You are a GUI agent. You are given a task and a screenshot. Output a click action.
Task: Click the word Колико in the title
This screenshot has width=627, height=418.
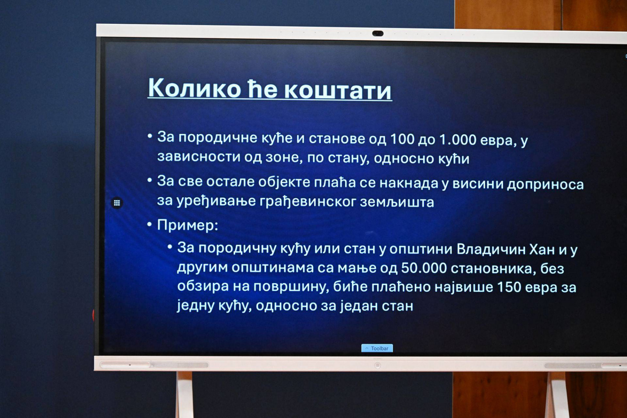tap(194, 88)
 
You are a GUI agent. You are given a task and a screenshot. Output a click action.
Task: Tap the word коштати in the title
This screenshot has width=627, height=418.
tap(338, 90)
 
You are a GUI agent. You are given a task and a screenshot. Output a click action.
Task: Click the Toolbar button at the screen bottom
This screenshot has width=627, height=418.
tap(377, 348)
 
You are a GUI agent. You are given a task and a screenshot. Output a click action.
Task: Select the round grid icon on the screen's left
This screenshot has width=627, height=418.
tap(117, 203)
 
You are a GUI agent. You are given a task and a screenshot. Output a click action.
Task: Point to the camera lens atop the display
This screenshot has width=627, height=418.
tap(378, 33)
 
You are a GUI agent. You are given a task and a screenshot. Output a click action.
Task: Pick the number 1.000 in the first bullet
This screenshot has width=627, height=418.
tap(458, 140)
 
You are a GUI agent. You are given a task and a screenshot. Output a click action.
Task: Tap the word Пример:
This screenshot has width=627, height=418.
tap(187, 225)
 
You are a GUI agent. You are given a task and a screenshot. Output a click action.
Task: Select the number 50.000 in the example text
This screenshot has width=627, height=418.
tap(424, 268)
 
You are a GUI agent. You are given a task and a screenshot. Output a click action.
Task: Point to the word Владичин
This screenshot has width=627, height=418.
tap(491, 249)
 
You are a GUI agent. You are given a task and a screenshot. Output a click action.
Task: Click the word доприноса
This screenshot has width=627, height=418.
tap(545, 185)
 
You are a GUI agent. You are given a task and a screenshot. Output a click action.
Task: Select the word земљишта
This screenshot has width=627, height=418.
tap(397, 202)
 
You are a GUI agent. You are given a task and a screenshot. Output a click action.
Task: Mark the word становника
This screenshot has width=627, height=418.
tap(493, 269)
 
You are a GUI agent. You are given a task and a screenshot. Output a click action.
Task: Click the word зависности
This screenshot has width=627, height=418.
tap(198, 156)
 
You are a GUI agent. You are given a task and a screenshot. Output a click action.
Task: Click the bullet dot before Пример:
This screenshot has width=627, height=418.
tap(150, 224)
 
